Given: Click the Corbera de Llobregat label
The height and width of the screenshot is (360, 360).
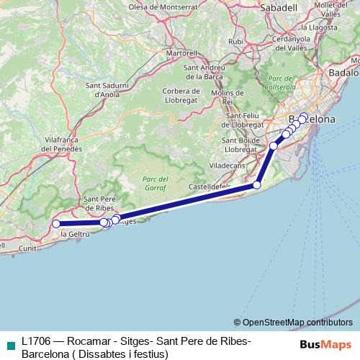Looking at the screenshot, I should tap(181, 95).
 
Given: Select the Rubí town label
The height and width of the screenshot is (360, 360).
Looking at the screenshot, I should tap(235, 42).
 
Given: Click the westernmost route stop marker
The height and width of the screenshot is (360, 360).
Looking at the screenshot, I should tap(56, 224).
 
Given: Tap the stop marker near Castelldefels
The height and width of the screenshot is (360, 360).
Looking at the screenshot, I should tap(257, 185).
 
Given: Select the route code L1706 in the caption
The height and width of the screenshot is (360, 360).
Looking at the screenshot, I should tap(36, 341).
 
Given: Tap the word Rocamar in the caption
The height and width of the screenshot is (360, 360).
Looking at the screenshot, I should tap(89, 341).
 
